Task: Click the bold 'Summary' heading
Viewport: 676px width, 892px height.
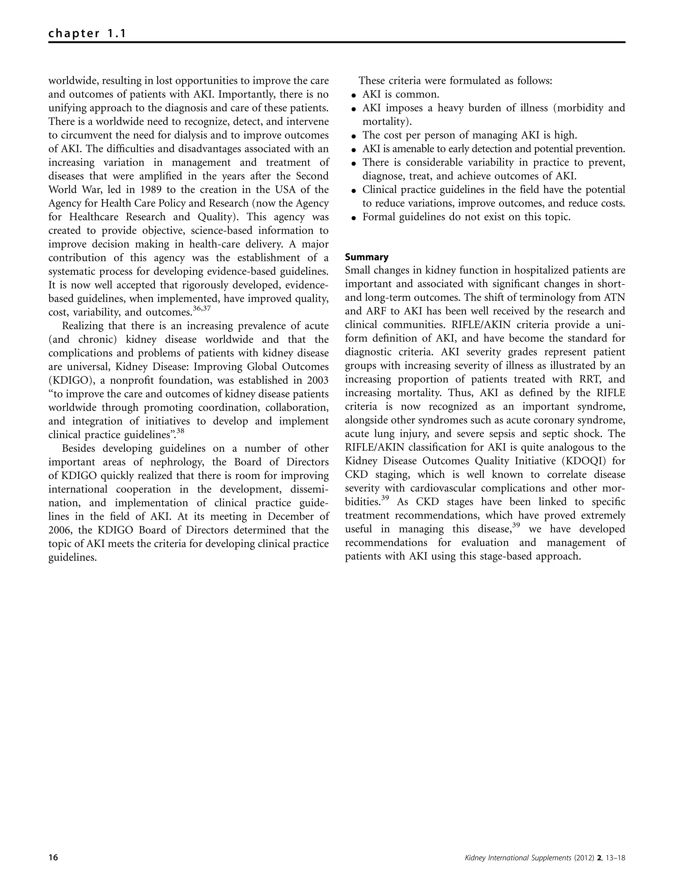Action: pos(367,257)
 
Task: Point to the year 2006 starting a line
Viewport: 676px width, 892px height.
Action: pos(60,530)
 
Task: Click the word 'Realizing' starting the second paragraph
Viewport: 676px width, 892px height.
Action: pos(82,326)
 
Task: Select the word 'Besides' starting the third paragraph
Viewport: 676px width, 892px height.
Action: pos(79,448)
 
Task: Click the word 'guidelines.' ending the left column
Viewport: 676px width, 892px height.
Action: pos(73,558)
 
